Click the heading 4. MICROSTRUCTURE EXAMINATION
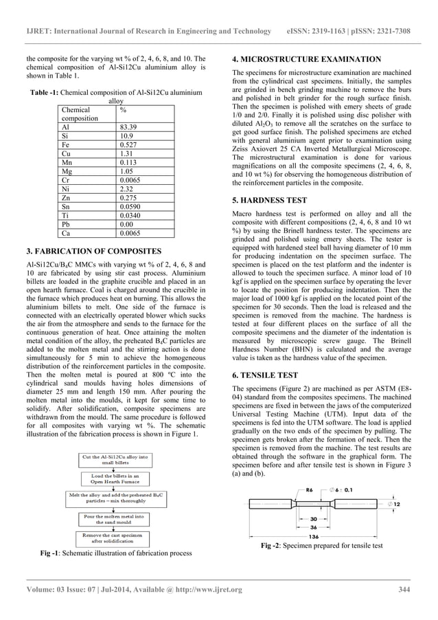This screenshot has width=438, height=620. [306, 59]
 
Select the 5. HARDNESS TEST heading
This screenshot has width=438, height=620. [274, 200]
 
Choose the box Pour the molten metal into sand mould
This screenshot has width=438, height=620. [115, 518]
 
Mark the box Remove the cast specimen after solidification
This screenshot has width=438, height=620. [115, 538]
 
